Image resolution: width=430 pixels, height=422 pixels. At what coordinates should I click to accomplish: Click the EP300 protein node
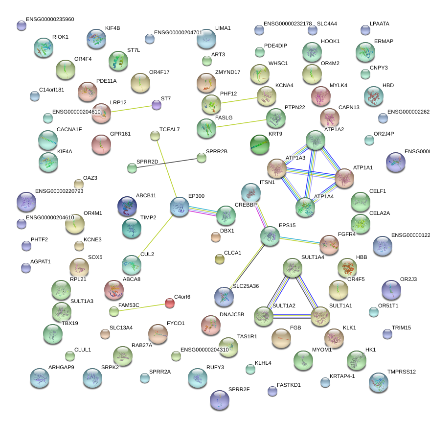180,207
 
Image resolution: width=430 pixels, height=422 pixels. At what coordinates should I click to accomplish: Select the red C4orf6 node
170,303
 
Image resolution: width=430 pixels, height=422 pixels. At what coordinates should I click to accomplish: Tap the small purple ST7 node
156,104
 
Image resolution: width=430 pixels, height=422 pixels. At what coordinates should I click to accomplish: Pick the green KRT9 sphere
259,144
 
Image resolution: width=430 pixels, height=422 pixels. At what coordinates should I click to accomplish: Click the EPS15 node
270,236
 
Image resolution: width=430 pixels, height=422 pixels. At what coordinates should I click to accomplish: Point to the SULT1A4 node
293,269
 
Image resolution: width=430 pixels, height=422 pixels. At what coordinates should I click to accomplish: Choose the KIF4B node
96,39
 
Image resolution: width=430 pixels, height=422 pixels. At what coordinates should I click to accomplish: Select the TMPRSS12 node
379,382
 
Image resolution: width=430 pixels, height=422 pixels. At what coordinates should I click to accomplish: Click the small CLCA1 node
220,259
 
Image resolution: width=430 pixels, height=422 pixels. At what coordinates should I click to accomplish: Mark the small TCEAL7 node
155,136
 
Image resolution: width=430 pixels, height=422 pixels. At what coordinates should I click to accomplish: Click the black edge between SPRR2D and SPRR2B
166,163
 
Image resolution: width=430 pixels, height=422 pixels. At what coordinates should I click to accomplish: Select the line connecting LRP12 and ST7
130,108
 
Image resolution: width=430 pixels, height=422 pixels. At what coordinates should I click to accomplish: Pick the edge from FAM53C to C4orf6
142,307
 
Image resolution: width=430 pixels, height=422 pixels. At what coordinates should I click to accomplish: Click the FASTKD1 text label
289,385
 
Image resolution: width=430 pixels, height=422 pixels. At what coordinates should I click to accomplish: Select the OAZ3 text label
90,178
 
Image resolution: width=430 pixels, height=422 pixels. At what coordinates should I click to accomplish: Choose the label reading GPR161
120,134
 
